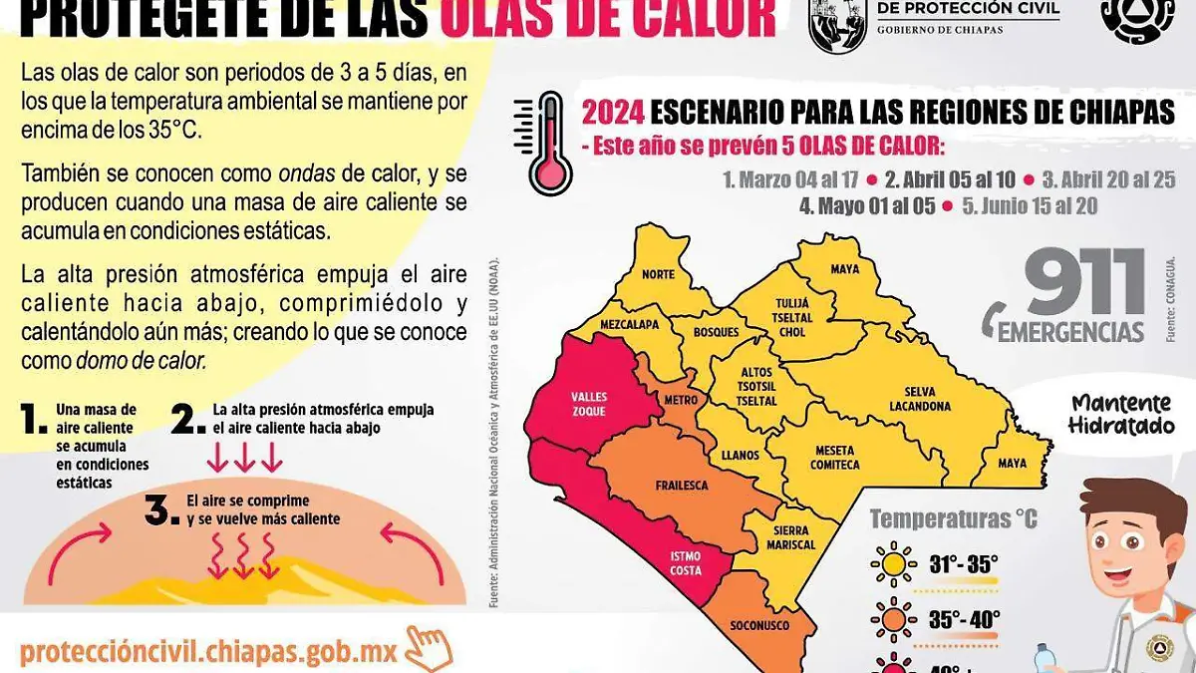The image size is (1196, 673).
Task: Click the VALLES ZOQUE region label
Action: pyautogui.click(x=589, y=404)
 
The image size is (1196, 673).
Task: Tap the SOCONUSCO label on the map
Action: pyautogui.click(x=761, y=626)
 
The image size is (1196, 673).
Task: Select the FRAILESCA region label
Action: pyautogui.click(x=682, y=486)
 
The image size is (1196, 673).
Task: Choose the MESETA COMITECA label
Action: pyautogui.click(x=836, y=458)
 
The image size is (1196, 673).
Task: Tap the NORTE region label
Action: pyautogui.click(x=658, y=274)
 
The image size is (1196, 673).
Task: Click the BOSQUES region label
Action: pyautogui.click(x=716, y=331)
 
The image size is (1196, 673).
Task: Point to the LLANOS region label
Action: pyautogui.click(x=740, y=456)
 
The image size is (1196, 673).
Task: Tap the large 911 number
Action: pyautogui.click(x=1086, y=282)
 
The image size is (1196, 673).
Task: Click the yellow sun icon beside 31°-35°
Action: pyautogui.click(x=892, y=565)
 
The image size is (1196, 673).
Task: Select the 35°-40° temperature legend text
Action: pyautogui.click(x=964, y=619)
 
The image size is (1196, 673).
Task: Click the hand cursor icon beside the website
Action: pyautogui.click(x=431, y=648)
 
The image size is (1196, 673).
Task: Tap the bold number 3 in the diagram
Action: pyautogui.click(x=160, y=509)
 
